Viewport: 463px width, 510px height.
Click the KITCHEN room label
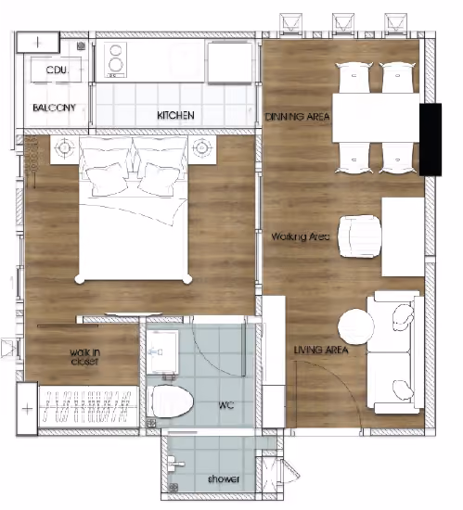(175, 115)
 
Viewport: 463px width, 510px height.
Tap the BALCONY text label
(55, 108)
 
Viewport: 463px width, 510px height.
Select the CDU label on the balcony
(58, 70)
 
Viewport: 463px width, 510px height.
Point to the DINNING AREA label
(298, 117)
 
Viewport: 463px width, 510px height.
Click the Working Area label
(301, 236)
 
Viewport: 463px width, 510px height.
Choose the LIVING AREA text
(321, 350)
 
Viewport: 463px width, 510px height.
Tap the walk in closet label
(85, 357)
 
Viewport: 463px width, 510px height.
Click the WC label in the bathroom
(226, 405)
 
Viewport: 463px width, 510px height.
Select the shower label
(224, 478)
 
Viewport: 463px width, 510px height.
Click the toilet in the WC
(170, 402)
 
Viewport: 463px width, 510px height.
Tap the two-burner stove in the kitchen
(115, 60)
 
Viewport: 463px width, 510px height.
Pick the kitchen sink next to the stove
(230, 62)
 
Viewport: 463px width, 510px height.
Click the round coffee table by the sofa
(356, 326)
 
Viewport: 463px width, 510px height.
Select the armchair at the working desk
(360, 236)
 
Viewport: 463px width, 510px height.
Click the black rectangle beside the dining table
(431, 139)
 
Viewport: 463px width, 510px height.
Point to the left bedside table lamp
(64, 148)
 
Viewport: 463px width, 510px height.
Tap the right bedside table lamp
(202, 148)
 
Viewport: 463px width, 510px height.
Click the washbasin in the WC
(162, 352)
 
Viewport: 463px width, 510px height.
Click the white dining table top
(376, 118)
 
